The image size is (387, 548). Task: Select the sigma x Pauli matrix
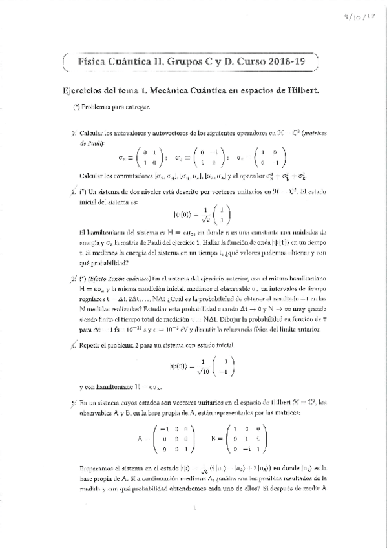tap(138, 158)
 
